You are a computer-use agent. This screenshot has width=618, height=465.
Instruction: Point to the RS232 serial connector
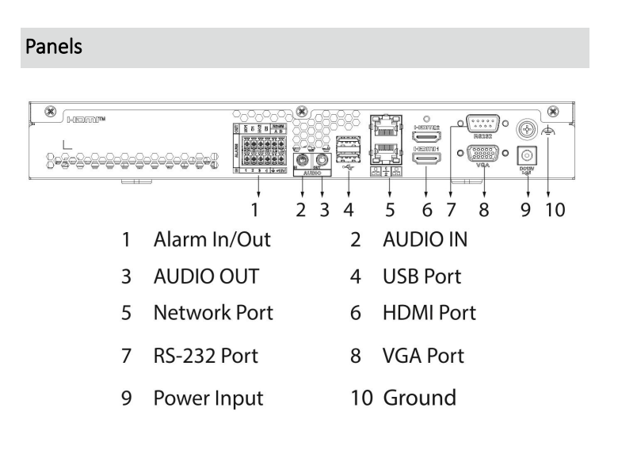[x=481, y=124]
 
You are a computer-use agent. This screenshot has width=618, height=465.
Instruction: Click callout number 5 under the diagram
[x=390, y=211]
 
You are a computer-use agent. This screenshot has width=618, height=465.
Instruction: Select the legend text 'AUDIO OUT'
[x=205, y=277]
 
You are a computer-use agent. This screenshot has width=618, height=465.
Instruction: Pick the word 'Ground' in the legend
[x=420, y=395]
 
